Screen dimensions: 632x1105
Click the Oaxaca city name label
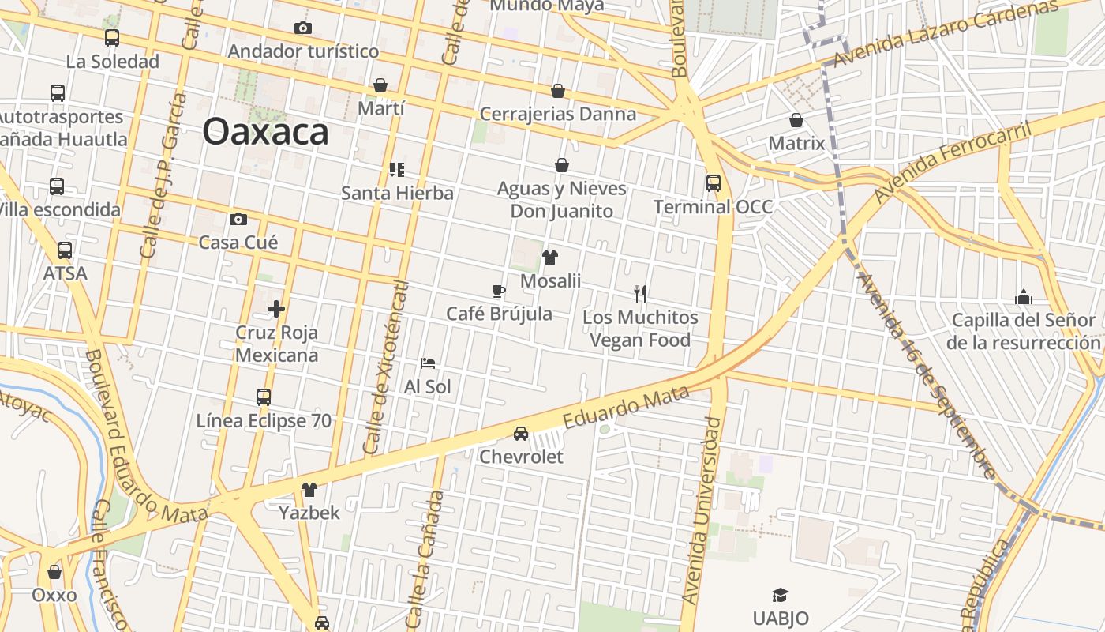click(265, 132)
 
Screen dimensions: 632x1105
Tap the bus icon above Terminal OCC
click(714, 183)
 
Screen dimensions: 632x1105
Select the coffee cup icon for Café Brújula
click(499, 291)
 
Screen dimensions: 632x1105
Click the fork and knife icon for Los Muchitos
click(640, 294)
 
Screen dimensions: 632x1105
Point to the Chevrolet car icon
click(521, 434)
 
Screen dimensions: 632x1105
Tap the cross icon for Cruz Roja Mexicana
click(275, 309)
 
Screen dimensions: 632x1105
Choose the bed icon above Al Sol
click(427, 363)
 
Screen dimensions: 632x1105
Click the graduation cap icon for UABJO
click(780, 595)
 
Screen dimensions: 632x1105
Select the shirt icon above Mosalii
click(550, 258)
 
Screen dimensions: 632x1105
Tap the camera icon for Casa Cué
click(238, 220)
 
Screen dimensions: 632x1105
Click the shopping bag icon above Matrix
click(796, 121)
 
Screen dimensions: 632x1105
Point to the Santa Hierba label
click(397, 193)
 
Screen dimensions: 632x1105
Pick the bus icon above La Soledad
click(112, 38)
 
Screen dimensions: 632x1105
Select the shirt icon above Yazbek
click(309, 490)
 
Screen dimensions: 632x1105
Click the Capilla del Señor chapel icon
click(1024, 297)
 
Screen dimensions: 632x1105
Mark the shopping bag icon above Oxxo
click(54, 572)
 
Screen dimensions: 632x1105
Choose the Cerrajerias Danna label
click(558, 114)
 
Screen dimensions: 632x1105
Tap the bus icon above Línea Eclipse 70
click(264, 397)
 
